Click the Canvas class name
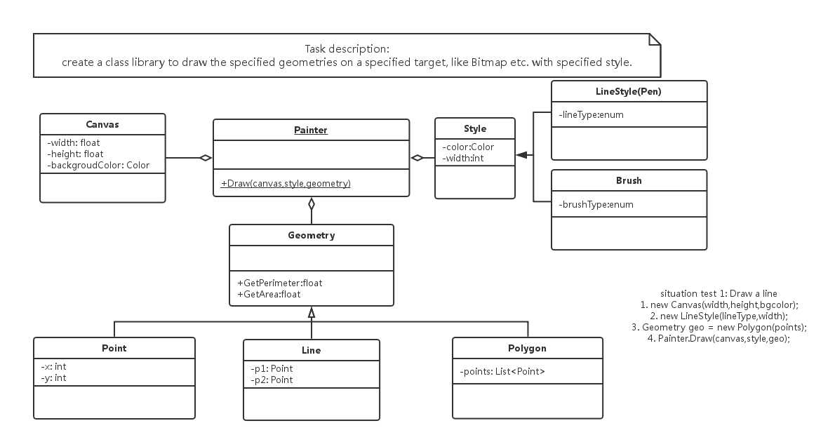(102, 125)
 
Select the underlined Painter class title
(310, 130)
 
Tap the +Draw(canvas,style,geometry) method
(286, 184)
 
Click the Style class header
(475, 129)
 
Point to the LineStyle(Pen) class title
(629, 92)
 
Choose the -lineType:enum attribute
(591, 114)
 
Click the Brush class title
(629, 180)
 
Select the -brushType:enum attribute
(596, 204)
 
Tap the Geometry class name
(312, 235)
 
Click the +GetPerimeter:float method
(279, 283)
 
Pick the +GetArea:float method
(269, 295)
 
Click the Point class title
(114, 348)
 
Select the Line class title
(311, 350)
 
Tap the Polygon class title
(527, 348)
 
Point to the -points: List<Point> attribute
(502, 372)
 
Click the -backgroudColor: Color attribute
(98, 165)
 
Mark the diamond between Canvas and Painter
(206, 158)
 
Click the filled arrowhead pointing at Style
(522, 155)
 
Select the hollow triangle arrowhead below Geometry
(312, 313)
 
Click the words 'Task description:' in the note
(347, 49)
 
